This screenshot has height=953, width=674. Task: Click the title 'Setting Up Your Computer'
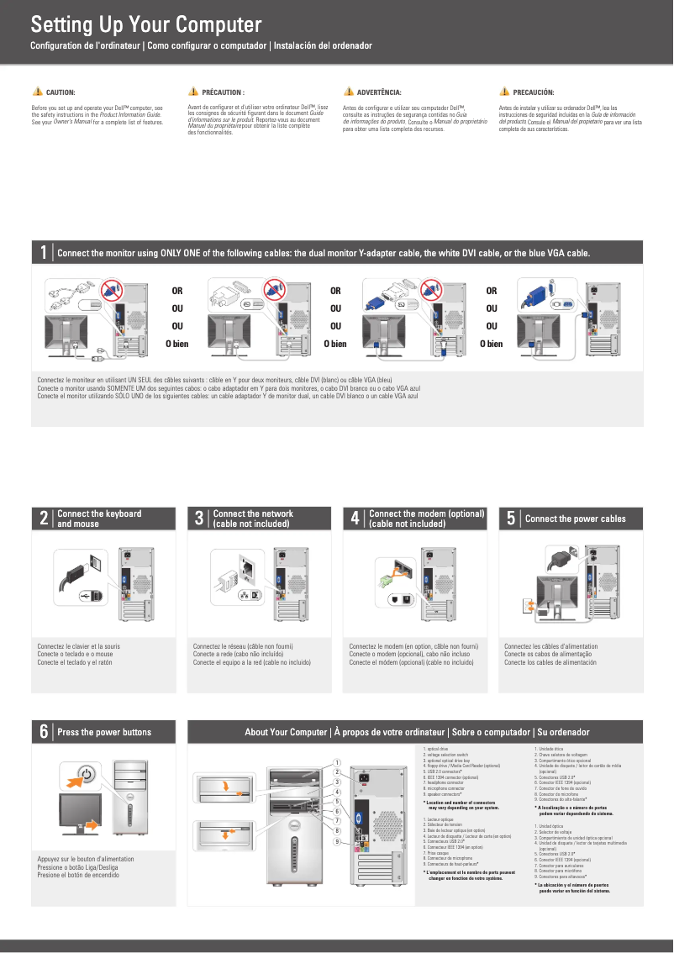click(x=146, y=24)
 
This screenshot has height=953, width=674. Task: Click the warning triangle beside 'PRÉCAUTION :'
click(x=193, y=92)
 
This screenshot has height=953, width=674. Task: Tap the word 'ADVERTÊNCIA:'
click(x=378, y=92)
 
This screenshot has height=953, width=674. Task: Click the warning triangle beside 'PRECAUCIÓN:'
click(x=504, y=92)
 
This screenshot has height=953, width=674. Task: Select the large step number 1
click(x=43, y=253)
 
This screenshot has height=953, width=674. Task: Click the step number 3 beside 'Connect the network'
click(x=199, y=519)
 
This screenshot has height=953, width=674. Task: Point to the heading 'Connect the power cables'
click(x=575, y=519)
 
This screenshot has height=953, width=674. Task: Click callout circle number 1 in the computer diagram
click(x=337, y=763)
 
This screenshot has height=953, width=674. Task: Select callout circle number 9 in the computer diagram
click(x=337, y=841)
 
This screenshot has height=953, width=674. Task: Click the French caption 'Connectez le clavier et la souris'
click(x=78, y=646)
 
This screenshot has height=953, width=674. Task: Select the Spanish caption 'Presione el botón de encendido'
click(x=78, y=875)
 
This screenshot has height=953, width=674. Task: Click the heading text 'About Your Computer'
click(x=286, y=732)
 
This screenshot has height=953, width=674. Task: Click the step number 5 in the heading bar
click(x=511, y=519)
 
